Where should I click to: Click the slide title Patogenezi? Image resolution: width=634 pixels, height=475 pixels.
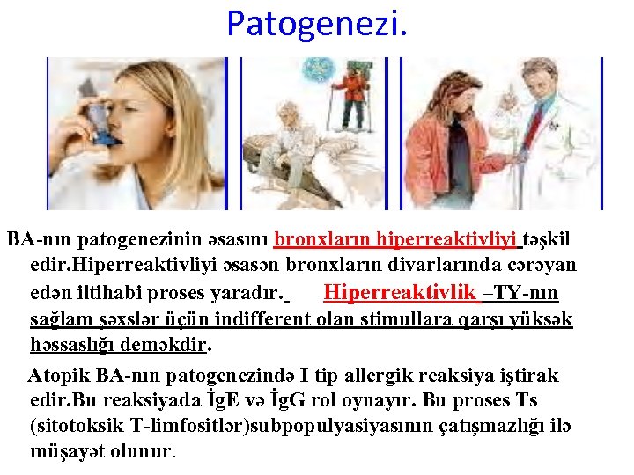[317, 24]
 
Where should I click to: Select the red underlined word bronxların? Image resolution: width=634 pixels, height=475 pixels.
[322, 239]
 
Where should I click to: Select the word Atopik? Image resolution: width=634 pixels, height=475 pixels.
[58, 376]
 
